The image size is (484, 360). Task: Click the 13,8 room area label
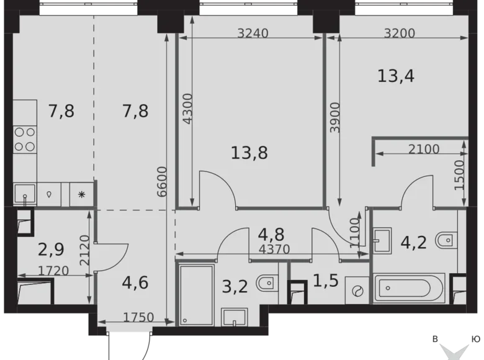click(249, 153)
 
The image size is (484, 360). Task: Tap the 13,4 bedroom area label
click(396, 76)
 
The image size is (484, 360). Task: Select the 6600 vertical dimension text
click(161, 182)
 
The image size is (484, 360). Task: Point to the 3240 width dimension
click(253, 33)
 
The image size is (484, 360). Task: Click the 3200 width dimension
click(400, 33)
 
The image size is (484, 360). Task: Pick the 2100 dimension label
click(424, 149)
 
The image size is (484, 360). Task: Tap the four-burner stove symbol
click(25, 139)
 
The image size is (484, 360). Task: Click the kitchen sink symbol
click(25, 194)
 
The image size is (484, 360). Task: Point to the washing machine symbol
click(357, 290)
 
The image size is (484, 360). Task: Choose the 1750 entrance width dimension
click(138, 317)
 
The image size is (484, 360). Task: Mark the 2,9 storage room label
click(51, 250)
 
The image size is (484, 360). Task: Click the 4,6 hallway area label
click(135, 282)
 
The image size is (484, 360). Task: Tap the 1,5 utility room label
click(326, 281)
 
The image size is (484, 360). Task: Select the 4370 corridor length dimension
click(274, 249)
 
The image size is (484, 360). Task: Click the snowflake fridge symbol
click(81, 194)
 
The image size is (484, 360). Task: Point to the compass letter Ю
click(475, 339)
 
